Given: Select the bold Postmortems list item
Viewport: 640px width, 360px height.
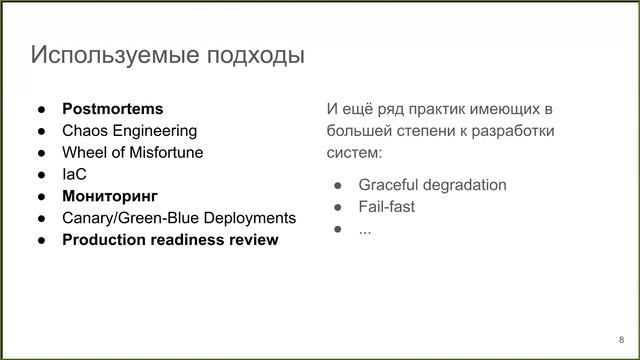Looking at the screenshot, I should click(112, 108).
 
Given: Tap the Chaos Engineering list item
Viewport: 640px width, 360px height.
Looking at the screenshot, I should click(129, 130).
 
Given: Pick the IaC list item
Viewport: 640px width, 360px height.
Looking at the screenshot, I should click(75, 174).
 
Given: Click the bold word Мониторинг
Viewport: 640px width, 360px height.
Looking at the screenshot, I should click(110, 196).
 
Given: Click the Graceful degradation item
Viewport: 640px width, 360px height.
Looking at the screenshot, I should click(432, 185).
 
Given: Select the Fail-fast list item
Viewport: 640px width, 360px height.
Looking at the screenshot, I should click(386, 207).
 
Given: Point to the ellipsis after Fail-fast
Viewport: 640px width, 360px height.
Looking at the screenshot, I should click(365, 229).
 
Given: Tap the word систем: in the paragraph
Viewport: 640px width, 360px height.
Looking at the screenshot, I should click(354, 153).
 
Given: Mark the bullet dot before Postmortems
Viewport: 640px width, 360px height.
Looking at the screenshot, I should click(42, 108).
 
